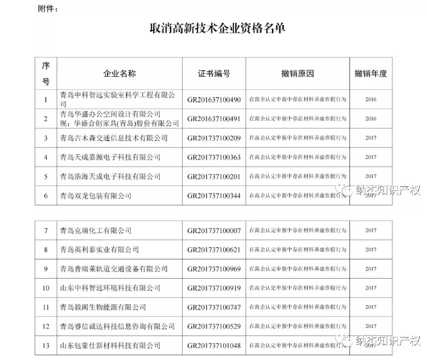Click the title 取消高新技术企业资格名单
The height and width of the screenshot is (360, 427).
coord(213,28)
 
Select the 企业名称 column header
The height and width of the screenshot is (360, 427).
coord(119,74)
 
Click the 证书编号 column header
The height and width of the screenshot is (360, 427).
coord(213,74)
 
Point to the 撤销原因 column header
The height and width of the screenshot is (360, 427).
coord(297,74)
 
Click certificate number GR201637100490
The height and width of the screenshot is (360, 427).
coord(214,100)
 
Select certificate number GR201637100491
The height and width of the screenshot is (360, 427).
coord(214,119)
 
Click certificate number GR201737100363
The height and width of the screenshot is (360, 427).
coord(214,157)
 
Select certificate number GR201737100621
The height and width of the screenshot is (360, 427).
coord(214,249)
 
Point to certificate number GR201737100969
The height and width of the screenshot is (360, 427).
coord(214,268)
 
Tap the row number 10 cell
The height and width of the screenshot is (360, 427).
coord(46,288)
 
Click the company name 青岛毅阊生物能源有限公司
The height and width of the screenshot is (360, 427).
coord(103,307)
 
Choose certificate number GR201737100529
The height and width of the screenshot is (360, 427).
coord(214,327)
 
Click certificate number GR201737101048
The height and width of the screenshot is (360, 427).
coord(214,346)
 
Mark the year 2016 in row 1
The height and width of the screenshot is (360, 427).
coord(370,100)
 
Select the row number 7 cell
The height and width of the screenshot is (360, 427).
coord(46,230)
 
